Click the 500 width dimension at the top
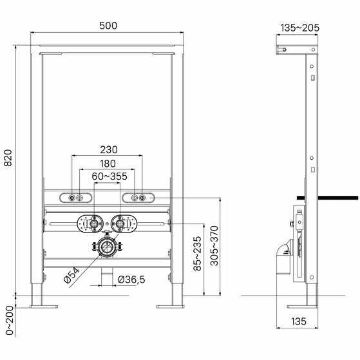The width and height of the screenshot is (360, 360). click(x=108, y=26)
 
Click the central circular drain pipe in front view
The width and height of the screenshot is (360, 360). click(x=107, y=247)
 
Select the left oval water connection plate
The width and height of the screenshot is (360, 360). click(x=90, y=224)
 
